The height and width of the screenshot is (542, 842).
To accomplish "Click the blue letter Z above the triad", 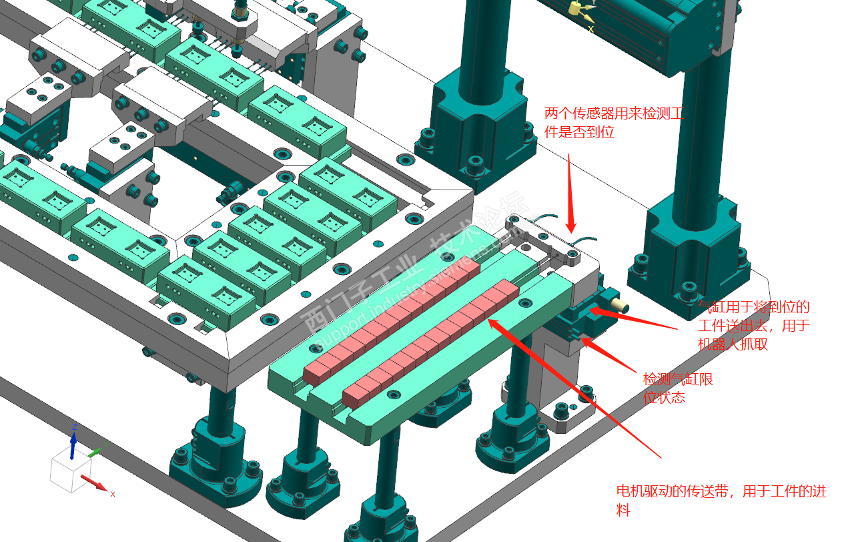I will [x=75, y=426].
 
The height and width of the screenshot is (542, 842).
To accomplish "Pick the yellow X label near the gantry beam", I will [x=590, y=29].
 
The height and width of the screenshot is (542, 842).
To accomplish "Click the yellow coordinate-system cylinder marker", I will [x=573, y=8].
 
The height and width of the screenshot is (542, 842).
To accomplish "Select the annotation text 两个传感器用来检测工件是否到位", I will [x=614, y=123].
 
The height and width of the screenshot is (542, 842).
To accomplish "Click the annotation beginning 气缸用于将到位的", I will [x=753, y=326].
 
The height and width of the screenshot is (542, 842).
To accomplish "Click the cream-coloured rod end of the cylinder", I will [x=620, y=305].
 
